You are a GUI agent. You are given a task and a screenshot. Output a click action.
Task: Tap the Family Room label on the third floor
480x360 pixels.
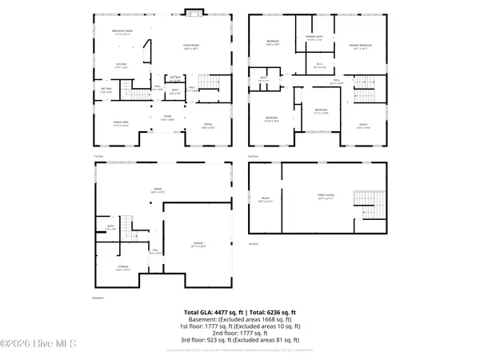coord(320,198)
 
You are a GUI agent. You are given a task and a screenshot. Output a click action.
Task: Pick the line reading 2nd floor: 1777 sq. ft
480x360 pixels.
coord(239,332)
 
